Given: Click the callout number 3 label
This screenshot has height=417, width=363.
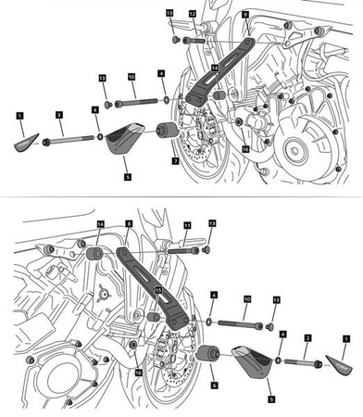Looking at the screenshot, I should tap(58, 114).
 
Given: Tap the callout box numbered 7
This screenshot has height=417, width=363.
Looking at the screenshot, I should tap(174, 160).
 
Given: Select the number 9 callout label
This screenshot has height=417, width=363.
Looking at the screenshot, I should tap(244, 16).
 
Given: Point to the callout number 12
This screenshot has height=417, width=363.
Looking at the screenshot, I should tap(193, 14).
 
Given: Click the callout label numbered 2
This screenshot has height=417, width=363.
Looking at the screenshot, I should tap(307, 339).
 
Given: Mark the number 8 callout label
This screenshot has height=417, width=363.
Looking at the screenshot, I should tap(129, 224).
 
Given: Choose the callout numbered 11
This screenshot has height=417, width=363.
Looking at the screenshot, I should tap(186, 225).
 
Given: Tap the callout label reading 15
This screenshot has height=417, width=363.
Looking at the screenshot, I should tap(158, 290).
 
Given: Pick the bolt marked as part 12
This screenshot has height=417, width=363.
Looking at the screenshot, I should tap(194, 41).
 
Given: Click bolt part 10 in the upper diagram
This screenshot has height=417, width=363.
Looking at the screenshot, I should tap(136, 100).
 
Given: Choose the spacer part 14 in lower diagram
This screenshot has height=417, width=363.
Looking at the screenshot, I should tap(94, 253).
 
